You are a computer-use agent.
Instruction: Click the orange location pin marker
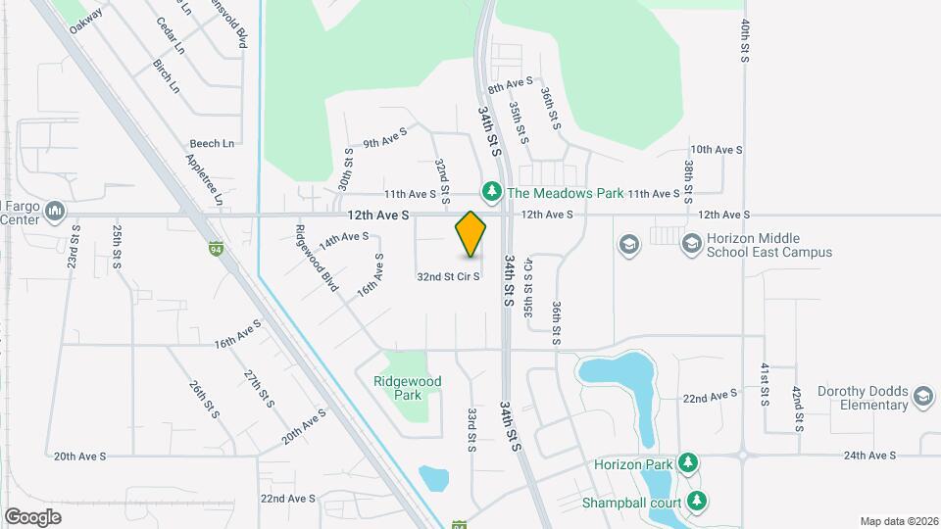pos(470,234)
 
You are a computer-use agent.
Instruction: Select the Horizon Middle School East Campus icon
pos(692,242)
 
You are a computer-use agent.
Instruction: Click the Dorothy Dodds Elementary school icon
pos(921,396)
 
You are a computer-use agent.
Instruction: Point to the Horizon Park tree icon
pos(689,461)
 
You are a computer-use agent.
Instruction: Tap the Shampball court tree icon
pos(697,501)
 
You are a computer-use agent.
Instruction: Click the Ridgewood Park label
pos(408,388)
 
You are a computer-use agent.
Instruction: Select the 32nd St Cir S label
pos(448,277)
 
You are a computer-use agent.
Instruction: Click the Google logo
pos(33,515)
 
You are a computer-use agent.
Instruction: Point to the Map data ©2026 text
pos(897,521)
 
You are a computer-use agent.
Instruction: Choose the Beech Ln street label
pos(213,143)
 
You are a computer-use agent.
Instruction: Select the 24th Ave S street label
pos(869,456)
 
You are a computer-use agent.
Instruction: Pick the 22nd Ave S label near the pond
pos(710,396)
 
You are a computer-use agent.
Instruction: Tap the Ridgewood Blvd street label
pos(316,260)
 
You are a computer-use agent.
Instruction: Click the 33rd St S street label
pos(471,430)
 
